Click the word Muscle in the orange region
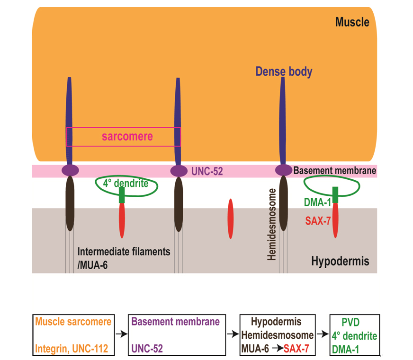tap(352, 22)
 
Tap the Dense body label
tap(284, 72)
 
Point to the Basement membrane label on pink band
tap(334, 171)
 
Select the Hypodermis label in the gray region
tap(341, 261)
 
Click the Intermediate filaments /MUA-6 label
tap(123, 258)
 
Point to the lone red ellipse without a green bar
tap(231, 219)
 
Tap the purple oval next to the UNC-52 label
tap(180, 170)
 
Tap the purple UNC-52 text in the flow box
tap(147, 349)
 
